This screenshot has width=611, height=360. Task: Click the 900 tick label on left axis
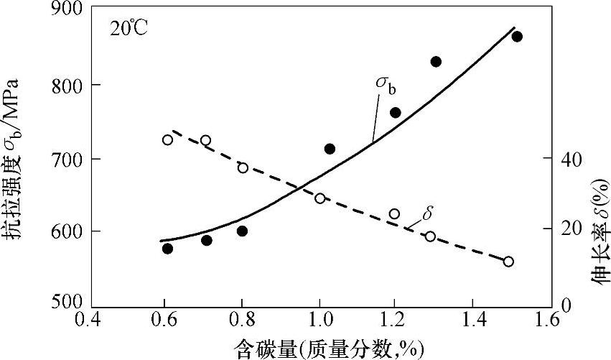pos(67,9)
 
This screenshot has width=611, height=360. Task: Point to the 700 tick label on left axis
pos(67,158)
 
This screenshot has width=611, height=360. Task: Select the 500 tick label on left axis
pos(67,303)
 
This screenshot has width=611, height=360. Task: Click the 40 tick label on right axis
pos(561,158)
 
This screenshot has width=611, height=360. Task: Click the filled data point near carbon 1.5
pos(517,37)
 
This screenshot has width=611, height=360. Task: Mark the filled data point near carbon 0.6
pos(167,249)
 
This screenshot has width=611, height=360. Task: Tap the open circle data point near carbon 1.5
pos(508,262)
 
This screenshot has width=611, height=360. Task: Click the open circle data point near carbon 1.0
pos(320,198)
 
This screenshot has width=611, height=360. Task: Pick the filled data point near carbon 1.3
pos(436,62)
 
